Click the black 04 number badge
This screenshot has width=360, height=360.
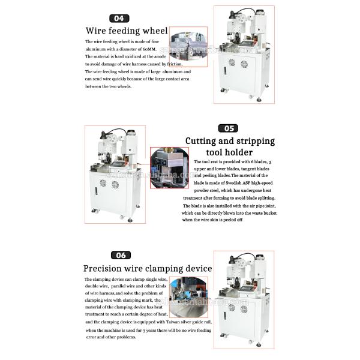click(x=119, y=19)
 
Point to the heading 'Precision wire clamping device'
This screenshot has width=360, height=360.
click(x=148, y=268)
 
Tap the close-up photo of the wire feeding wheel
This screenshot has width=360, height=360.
click(x=188, y=43)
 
